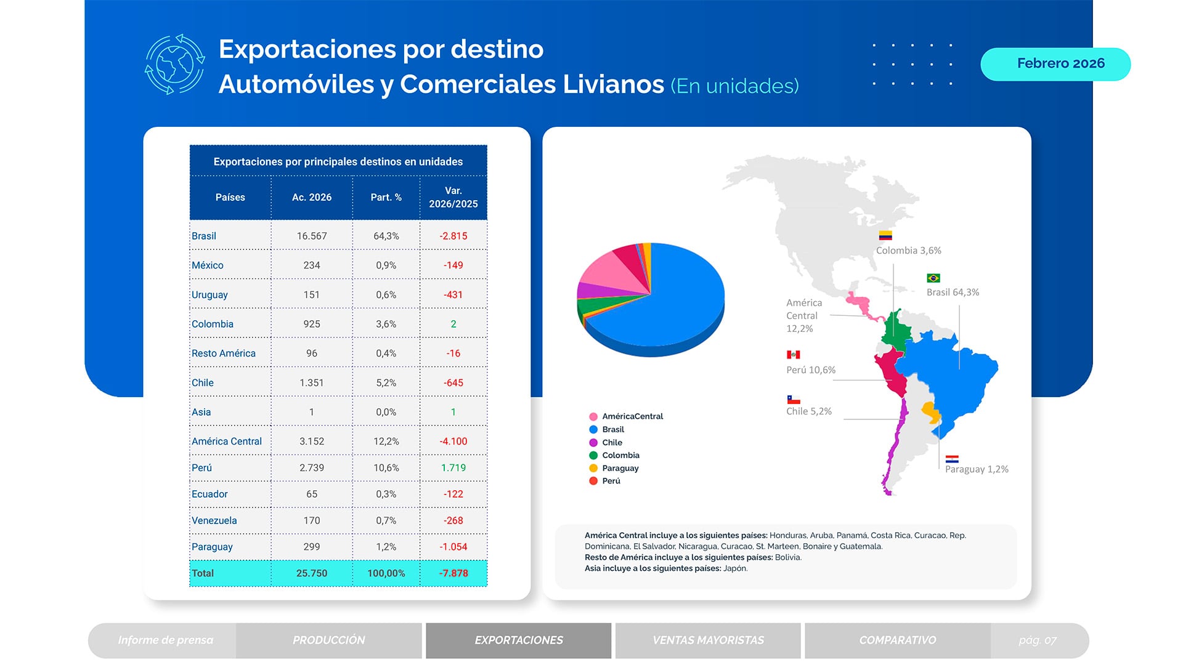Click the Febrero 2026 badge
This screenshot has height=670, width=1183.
tap(1055, 64)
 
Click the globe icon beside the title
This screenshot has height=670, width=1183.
tap(175, 64)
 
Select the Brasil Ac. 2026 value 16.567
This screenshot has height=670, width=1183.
tap(311, 236)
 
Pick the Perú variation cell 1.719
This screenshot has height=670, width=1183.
tap(453, 467)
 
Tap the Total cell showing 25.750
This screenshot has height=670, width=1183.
tap(311, 573)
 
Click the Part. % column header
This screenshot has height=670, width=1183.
tap(386, 197)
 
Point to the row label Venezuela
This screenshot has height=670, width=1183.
tap(214, 520)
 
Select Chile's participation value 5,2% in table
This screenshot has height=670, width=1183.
tap(386, 382)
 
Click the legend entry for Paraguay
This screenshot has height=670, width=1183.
tap(620, 468)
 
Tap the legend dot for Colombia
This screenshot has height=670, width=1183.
tap(593, 455)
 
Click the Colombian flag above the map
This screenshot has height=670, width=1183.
tap(885, 235)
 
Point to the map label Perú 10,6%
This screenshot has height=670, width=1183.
tap(810, 369)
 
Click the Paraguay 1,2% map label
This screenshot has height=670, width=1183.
tap(976, 469)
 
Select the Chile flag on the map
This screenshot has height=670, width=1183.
tap(793, 400)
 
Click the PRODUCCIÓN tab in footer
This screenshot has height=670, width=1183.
tap(328, 640)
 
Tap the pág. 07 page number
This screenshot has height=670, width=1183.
tap(1037, 640)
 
